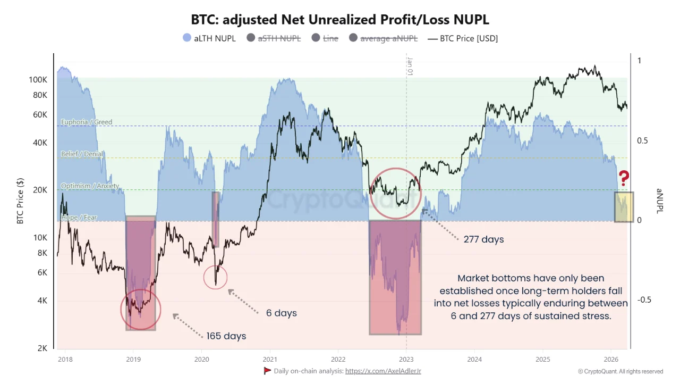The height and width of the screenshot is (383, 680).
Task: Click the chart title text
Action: (x=340, y=20)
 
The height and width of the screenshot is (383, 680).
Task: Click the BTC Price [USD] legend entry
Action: (x=462, y=38)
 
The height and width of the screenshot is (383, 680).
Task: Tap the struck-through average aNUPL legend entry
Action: (x=384, y=38)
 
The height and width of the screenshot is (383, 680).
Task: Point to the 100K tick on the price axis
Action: (x=38, y=80)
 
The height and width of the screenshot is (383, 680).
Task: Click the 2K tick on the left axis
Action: (x=42, y=348)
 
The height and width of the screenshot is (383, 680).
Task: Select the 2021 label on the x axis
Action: (x=270, y=359)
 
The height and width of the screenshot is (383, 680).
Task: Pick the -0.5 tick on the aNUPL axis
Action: (x=644, y=300)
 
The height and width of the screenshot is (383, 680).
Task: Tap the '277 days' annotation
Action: (x=483, y=239)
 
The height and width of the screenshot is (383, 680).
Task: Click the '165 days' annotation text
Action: (x=226, y=336)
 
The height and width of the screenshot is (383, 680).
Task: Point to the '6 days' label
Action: (x=282, y=313)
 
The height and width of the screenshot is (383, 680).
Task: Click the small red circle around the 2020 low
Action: (x=216, y=277)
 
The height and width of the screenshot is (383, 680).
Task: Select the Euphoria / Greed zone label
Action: (x=87, y=122)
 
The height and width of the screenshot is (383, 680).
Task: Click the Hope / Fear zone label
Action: (x=79, y=218)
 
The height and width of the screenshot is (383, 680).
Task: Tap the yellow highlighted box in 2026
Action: (x=624, y=207)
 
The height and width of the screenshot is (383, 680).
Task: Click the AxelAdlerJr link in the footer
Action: (x=383, y=371)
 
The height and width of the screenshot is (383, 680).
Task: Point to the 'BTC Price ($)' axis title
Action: (x=20, y=201)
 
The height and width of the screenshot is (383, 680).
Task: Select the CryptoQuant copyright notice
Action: (x=620, y=371)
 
